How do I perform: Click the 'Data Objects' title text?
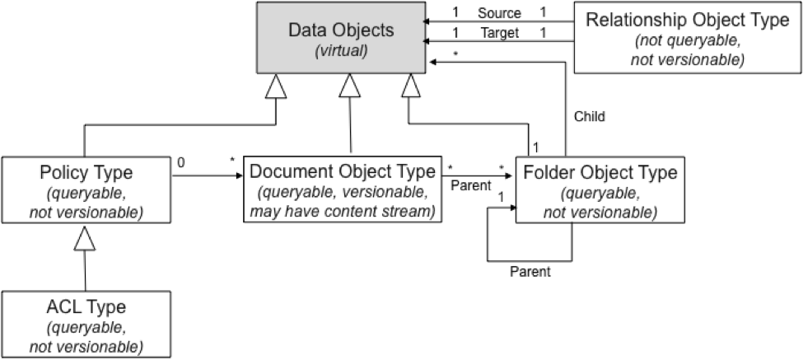click(x=341, y=30)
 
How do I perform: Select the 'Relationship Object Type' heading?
click(x=687, y=21)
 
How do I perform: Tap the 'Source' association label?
click(x=498, y=13)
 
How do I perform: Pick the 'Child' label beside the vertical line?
click(x=589, y=116)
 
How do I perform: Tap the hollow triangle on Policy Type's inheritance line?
click(x=277, y=85)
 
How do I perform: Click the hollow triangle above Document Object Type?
click(x=351, y=85)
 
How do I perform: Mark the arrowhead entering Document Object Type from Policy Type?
click(x=239, y=175)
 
